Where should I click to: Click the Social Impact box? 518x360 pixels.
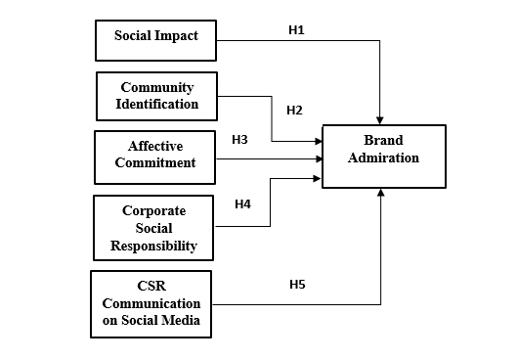(x=155, y=37)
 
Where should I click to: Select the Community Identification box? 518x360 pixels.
(x=155, y=96)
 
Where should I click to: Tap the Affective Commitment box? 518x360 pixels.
(x=155, y=156)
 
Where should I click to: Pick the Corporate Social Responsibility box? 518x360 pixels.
(x=153, y=227)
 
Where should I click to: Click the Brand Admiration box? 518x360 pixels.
(x=383, y=156)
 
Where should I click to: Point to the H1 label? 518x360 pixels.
(x=296, y=30)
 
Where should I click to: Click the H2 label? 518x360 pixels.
(x=294, y=110)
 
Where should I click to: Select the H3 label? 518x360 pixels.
(x=239, y=140)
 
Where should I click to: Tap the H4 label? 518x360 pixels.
(x=243, y=204)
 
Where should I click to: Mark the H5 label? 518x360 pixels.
(x=297, y=285)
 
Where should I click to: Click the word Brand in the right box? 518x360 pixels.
(x=383, y=141)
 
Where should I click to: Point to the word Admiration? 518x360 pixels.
(x=383, y=157)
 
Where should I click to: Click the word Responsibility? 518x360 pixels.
(x=153, y=246)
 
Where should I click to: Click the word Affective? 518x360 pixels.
(x=155, y=147)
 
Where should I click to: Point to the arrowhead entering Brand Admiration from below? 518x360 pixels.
(x=379, y=194)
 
